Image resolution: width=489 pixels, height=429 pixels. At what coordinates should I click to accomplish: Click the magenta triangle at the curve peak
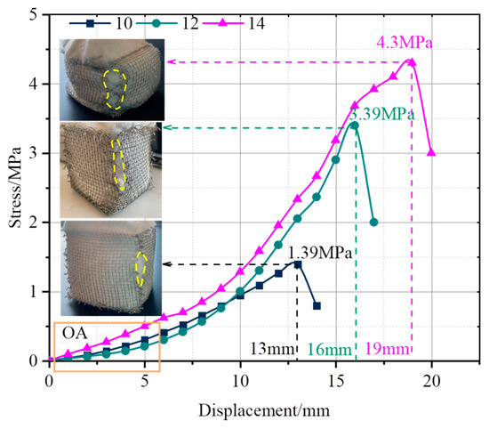click(412, 62)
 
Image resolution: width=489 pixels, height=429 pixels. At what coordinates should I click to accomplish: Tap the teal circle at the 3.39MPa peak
click(355, 125)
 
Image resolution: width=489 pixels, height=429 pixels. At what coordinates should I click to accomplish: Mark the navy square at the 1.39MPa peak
click(297, 264)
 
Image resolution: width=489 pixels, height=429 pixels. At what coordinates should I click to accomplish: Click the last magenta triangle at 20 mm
click(431, 152)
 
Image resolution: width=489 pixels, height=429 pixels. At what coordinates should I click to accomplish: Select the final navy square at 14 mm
click(317, 305)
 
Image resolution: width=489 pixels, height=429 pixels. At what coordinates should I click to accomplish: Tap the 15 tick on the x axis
click(335, 379)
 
